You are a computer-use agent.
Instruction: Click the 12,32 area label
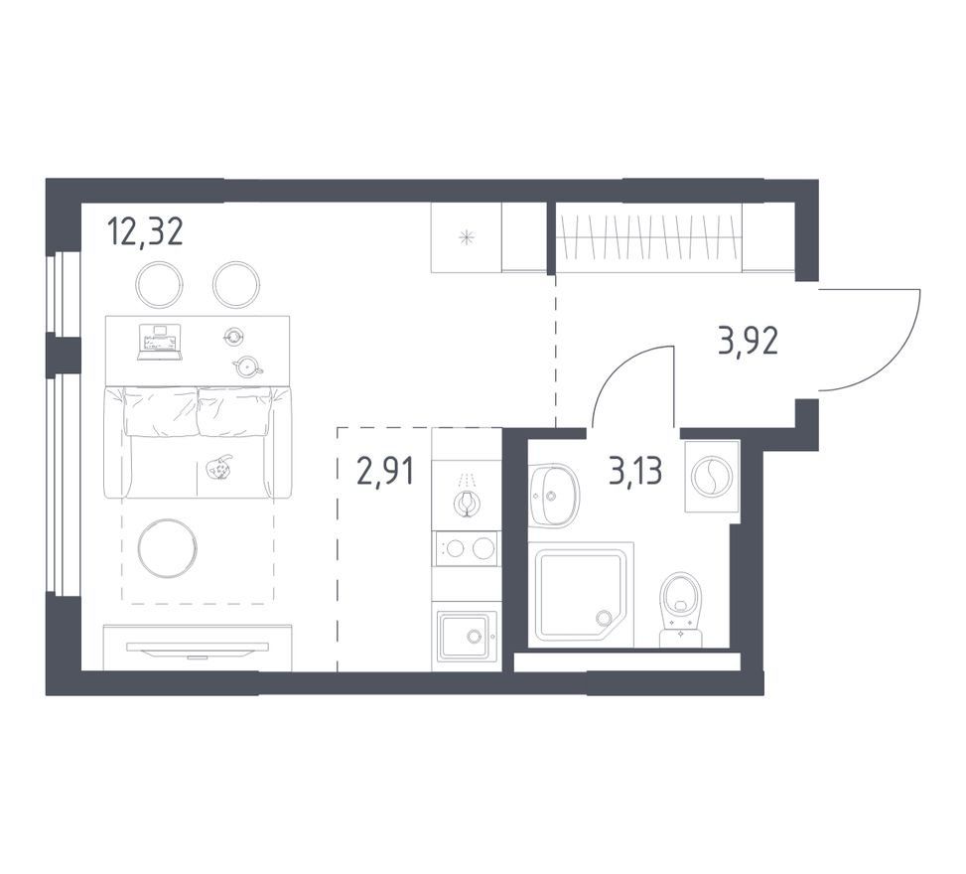[145, 232]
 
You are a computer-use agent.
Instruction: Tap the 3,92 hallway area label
[748, 341]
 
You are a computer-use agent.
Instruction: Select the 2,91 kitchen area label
[385, 472]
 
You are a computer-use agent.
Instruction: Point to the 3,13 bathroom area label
[635, 472]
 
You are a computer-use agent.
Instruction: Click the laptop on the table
[159, 342]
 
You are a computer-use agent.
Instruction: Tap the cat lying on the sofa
[218, 468]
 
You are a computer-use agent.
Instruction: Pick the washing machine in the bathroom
[712, 476]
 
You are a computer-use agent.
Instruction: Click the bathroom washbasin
[554, 495]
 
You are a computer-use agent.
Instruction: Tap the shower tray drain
[602, 617]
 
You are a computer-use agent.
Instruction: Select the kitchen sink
[466, 635]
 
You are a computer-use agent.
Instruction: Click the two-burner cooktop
[466, 548]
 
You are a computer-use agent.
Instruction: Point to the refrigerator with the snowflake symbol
[467, 236]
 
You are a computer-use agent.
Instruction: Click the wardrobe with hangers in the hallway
[648, 236]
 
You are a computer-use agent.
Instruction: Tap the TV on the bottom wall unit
[198, 649]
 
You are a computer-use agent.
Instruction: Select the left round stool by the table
[159, 284]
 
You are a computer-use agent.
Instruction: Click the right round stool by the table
[235, 284]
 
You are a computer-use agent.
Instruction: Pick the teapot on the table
[247, 367]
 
